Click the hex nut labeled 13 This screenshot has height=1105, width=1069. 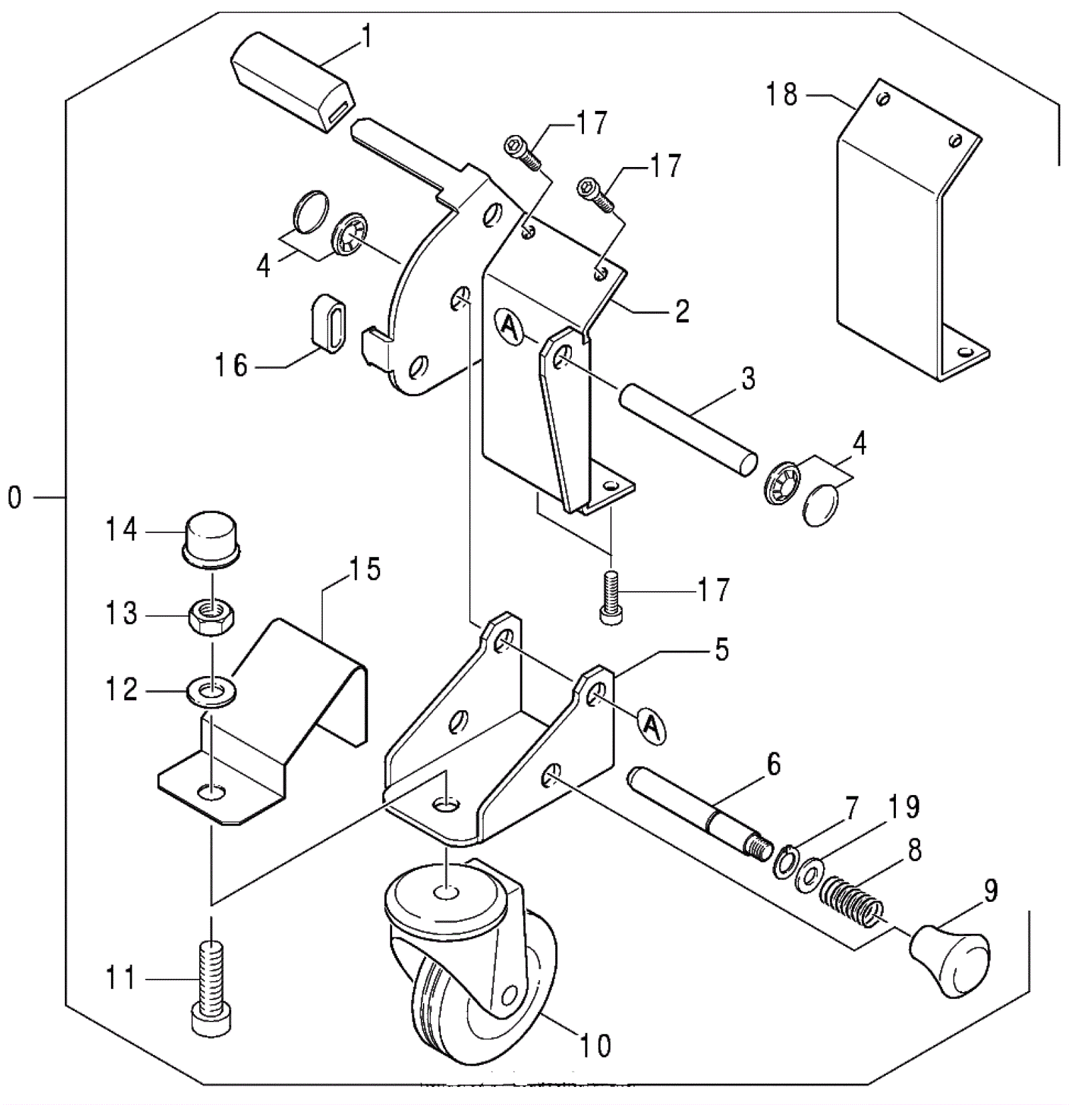(x=212, y=617)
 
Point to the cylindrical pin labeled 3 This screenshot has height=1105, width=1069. (x=688, y=433)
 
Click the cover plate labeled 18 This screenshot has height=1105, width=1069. (x=913, y=230)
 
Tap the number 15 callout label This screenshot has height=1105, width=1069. (x=364, y=569)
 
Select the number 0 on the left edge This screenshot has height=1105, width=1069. (x=15, y=498)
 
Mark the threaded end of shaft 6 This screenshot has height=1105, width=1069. (x=758, y=846)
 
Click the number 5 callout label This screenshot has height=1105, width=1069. (x=722, y=649)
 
